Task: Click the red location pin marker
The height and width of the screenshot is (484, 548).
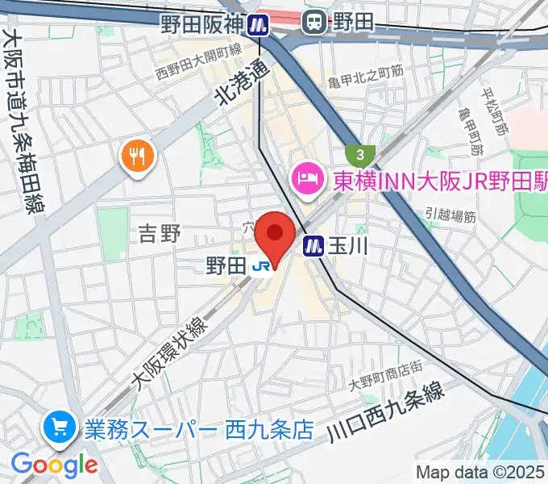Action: tap(275, 236)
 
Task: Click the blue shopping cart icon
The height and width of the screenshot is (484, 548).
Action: tap(60, 428)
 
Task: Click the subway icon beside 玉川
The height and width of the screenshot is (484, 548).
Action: tap(313, 245)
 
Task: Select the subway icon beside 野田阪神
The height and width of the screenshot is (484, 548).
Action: tap(258, 24)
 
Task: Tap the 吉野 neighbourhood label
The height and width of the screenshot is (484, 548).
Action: tap(160, 234)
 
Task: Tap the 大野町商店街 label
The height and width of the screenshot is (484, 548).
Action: tap(386, 369)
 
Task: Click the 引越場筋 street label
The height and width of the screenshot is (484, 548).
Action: tap(450, 215)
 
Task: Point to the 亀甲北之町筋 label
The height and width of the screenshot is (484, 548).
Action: tap(365, 72)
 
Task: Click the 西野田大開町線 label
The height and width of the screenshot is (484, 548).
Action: tap(198, 63)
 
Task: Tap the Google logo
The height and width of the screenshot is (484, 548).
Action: tap(54, 465)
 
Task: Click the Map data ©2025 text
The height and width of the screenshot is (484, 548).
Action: tap(479, 472)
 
